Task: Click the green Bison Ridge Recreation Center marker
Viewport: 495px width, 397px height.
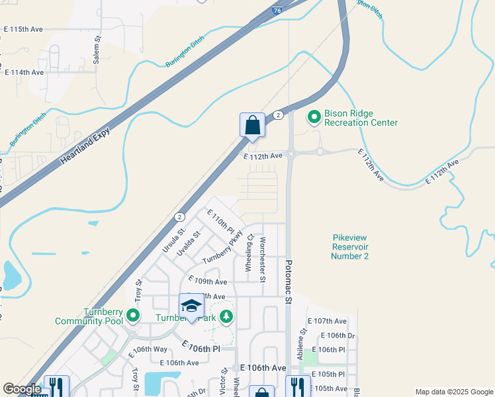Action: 314,118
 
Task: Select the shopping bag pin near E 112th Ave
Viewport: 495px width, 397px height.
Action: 252,125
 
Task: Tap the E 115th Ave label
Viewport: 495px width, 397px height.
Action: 23,30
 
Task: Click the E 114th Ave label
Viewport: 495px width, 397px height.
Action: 24,72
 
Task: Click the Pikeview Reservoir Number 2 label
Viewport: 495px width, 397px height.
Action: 351,247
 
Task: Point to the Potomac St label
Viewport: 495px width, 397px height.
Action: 288,281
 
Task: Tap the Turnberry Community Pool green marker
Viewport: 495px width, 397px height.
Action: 133,316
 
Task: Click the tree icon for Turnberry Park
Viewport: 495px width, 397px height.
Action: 226,317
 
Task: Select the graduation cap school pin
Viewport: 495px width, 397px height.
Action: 191,306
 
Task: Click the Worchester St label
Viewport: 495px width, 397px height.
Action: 263,259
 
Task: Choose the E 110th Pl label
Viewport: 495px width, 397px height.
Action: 221,221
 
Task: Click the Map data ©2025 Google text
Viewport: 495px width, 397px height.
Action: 453,392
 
